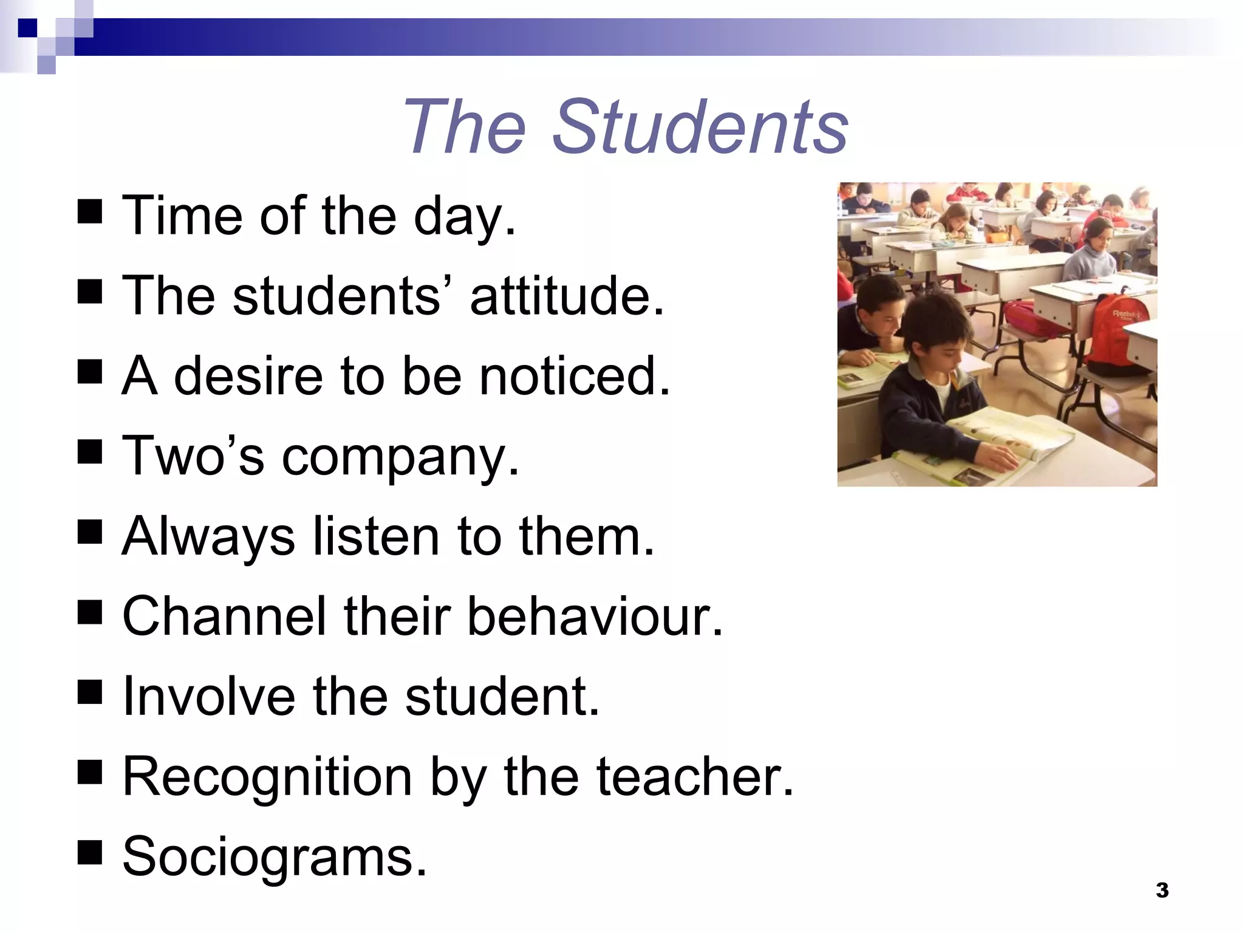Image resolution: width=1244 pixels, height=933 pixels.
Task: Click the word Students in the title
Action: click(x=700, y=128)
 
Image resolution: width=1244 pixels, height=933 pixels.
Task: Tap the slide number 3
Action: click(x=1162, y=890)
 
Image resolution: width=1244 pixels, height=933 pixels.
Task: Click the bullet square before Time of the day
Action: click(x=90, y=213)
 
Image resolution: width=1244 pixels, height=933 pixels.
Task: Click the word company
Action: click(x=400, y=457)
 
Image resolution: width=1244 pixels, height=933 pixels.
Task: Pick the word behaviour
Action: click(x=595, y=616)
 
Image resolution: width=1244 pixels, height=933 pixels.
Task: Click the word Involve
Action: click(x=209, y=696)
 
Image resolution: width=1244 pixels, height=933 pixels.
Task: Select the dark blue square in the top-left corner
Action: click(x=27, y=27)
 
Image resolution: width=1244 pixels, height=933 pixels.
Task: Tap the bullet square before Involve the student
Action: click(x=90, y=692)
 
